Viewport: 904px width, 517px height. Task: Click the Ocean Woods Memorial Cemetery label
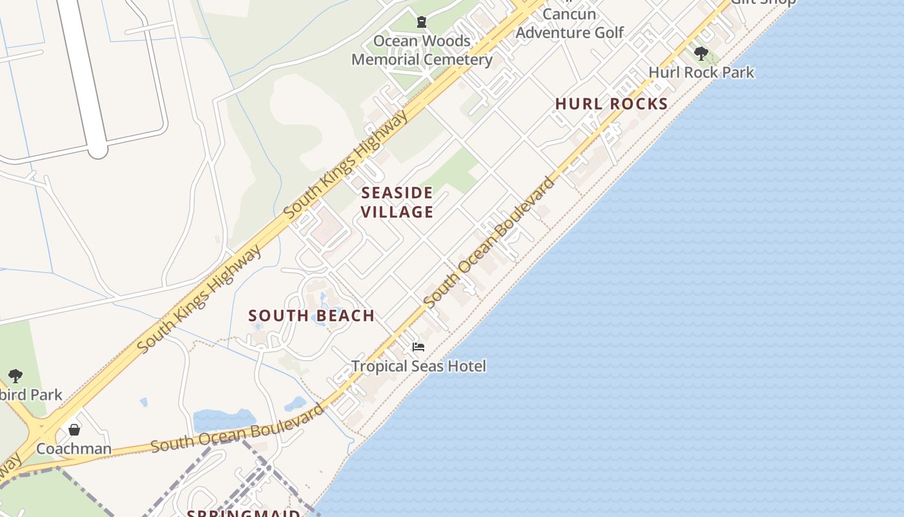point(422,50)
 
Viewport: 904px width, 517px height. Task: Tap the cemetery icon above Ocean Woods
point(422,23)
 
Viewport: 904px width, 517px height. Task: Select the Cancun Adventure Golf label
point(570,23)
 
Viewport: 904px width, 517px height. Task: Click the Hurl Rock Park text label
point(701,72)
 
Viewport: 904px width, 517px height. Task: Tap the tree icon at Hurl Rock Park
point(701,54)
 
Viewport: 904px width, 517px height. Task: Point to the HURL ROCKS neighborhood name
point(611,104)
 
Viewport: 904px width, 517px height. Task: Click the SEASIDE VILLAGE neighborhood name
point(396,202)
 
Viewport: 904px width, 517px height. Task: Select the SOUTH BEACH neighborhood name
point(311,316)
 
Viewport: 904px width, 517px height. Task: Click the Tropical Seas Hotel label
point(418,366)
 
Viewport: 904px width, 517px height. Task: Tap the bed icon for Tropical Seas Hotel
point(418,347)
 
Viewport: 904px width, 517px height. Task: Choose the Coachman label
point(74,448)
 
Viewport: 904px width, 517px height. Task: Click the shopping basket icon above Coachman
point(74,430)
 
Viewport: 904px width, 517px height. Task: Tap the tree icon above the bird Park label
point(15,376)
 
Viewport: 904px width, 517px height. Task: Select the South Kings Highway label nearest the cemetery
point(346,164)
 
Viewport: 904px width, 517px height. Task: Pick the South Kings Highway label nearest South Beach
point(200,298)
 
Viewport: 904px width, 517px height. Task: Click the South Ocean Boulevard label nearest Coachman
point(236,429)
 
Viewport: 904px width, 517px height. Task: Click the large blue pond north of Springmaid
point(223,420)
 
